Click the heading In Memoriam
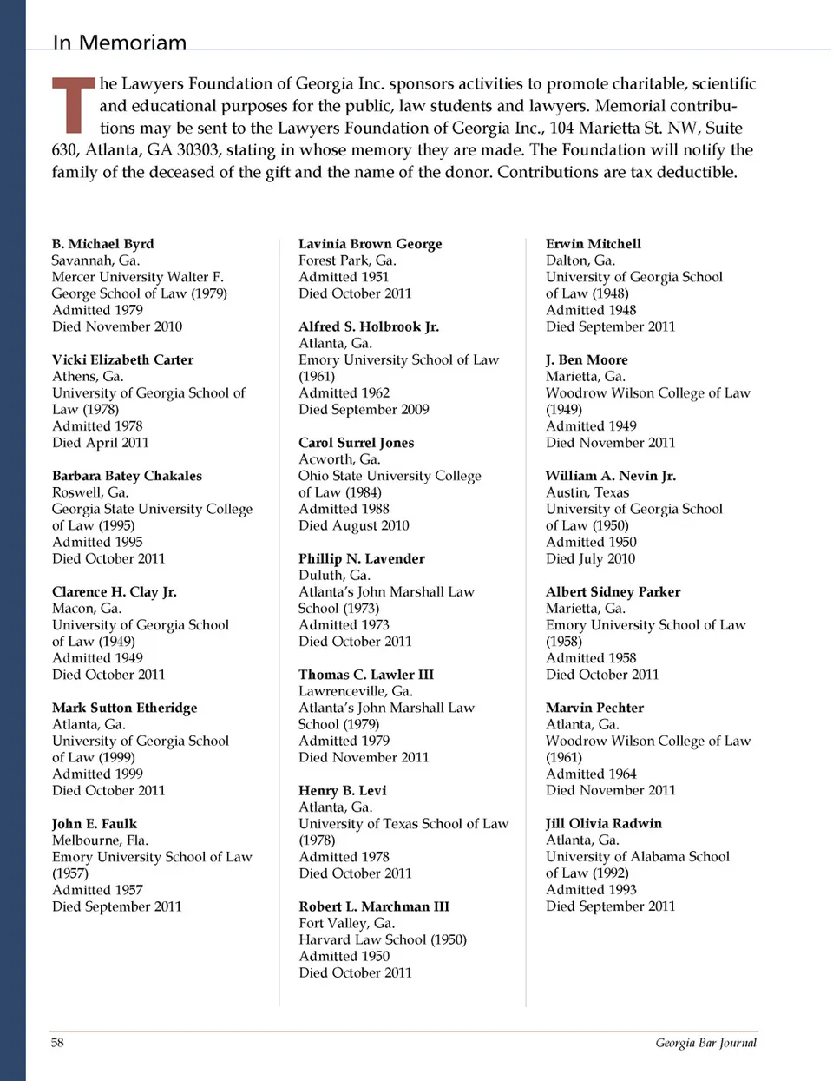(x=120, y=43)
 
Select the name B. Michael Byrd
(x=102, y=244)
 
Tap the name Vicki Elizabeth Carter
(x=122, y=359)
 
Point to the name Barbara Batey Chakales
(x=127, y=476)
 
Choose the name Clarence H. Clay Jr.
(x=114, y=592)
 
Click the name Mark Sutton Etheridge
(x=124, y=708)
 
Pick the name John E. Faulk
(x=95, y=824)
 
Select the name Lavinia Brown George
(x=370, y=244)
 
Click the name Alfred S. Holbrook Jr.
(x=369, y=326)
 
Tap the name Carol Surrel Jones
(x=356, y=443)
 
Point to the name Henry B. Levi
(x=342, y=791)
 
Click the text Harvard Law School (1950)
(x=383, y=939)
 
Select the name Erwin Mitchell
(x=594, y=244)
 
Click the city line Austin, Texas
(x=587, y=492)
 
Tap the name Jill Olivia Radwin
(x=603, y=823)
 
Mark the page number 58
(x=57, y=1042)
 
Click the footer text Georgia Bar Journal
(x=705, y=1043)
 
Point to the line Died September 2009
(x=364, y=409)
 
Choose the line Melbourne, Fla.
(x=100, y=840)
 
